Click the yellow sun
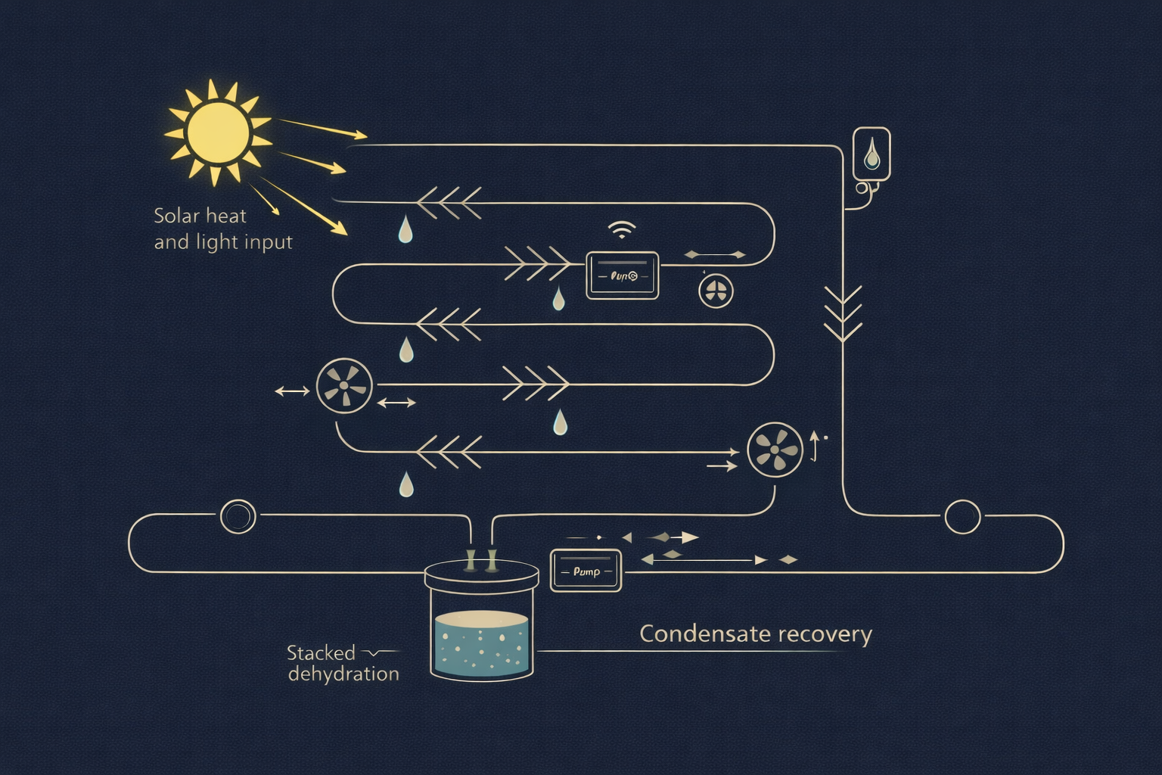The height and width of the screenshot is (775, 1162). (x=218, y=133)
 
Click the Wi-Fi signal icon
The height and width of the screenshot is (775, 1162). (x=622, y=230)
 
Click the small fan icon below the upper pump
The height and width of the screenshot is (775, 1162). (x=715, y=291)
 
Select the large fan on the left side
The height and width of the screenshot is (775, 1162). (x=343, y=386)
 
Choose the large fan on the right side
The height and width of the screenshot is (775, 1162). (x=775, y=450)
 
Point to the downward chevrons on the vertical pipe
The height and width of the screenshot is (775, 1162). (x=842, y=313)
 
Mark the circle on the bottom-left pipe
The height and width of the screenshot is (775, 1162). (x=238, y=517)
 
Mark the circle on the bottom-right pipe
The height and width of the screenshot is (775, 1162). (x=962, y=517)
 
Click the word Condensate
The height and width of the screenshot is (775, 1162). (x=696, y=634)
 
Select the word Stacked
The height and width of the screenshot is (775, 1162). (x=321, y=653)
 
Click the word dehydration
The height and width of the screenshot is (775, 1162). (x=343, y=674)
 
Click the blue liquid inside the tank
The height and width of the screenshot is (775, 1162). (x=481, y=647)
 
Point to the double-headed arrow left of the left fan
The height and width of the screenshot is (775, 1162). (x=291, y=391)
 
